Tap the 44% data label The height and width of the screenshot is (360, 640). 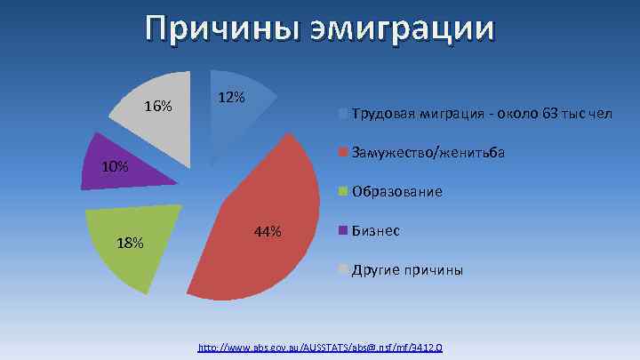pos(267,232)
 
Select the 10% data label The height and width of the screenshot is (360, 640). pos(115,166)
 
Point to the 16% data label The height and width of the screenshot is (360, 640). pos(158,107)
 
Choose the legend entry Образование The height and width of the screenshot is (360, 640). pos(397,191)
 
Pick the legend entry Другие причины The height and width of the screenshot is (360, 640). pos(407,269)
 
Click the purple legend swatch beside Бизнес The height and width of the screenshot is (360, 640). pos(343,230)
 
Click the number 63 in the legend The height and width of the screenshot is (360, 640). pos(550,115)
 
